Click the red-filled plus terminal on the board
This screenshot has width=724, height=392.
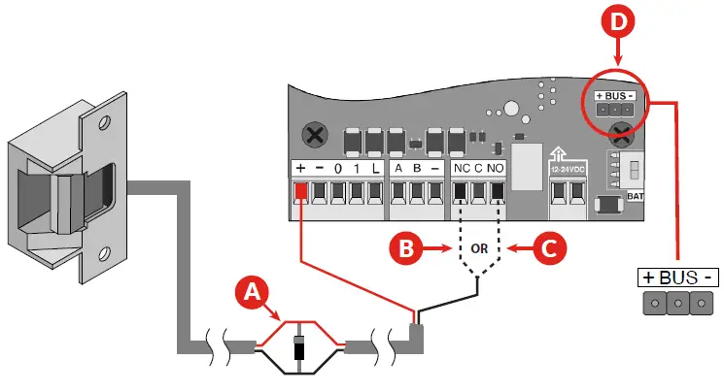point(300,189)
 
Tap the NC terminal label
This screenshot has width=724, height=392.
point(462,168)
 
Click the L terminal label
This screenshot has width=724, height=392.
point(375,168)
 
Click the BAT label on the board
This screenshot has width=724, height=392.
point(635,196)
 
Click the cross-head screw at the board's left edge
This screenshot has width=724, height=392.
point(314,132)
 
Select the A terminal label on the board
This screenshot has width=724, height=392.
point(399,168)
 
